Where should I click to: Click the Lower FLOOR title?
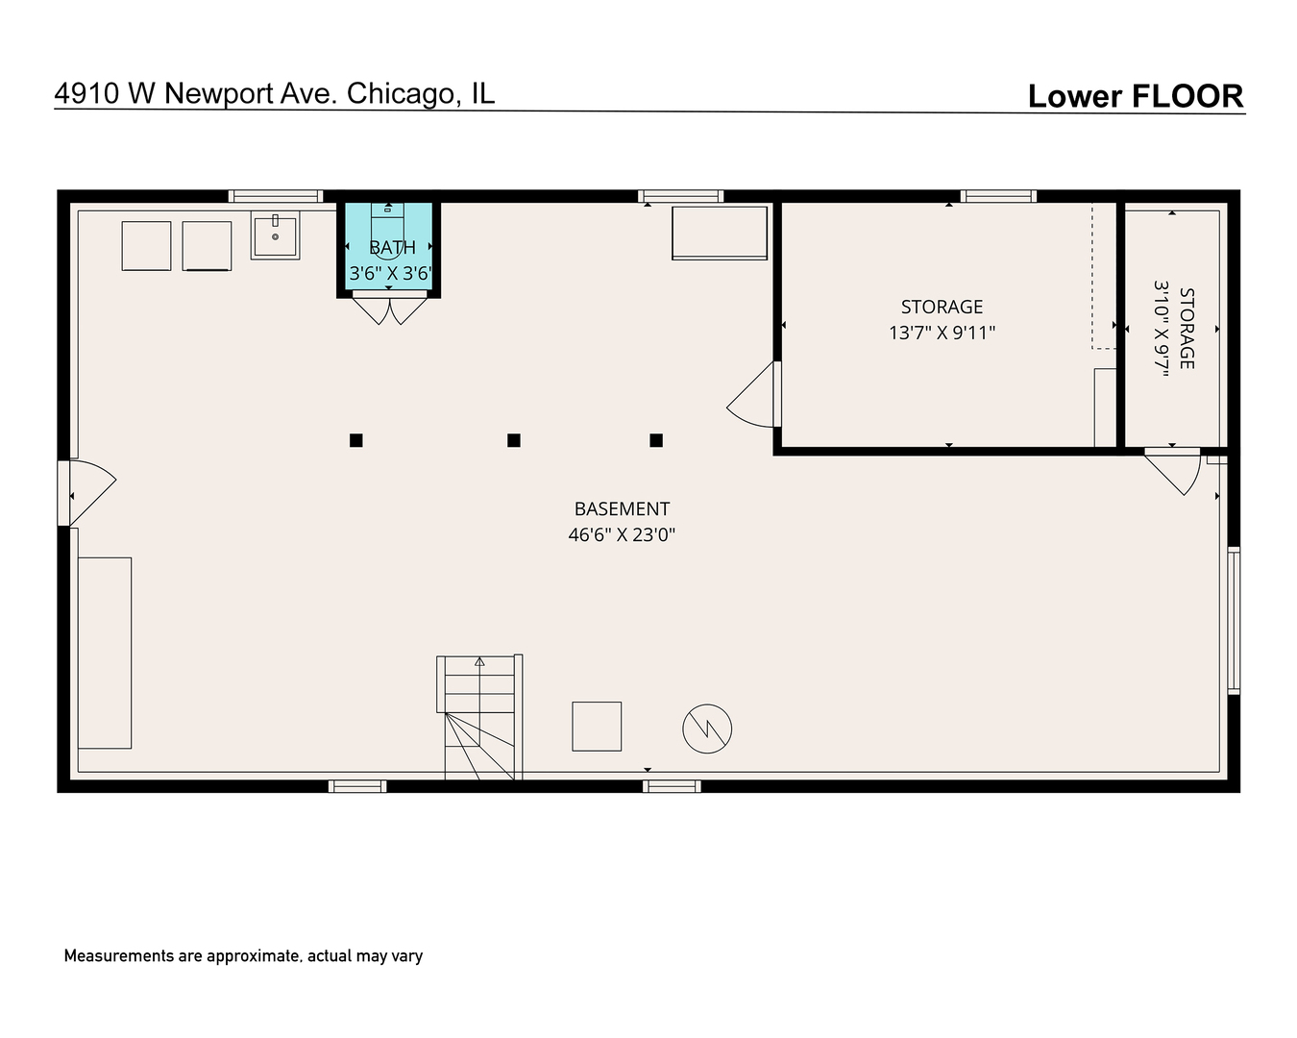pos(1135,96)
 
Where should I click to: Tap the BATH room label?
pos(392,248)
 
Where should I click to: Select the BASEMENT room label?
pos(622,509)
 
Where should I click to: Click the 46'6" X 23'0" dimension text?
pos(622,534)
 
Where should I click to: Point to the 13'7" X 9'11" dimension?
pos(942,333)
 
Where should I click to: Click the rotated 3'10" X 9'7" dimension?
pos(1162,328)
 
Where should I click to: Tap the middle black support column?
pos(514,440)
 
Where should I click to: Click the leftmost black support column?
pos(356,440)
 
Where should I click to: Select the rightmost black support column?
pos(656,440)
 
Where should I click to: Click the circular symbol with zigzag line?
pos(707,729)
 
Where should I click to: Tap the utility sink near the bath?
pos(275,235)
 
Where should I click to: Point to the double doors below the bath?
pos(389,309)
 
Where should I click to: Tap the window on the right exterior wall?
pos(1234,620)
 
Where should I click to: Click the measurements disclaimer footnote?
pos(243,956)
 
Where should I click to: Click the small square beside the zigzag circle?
pos(597,726)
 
